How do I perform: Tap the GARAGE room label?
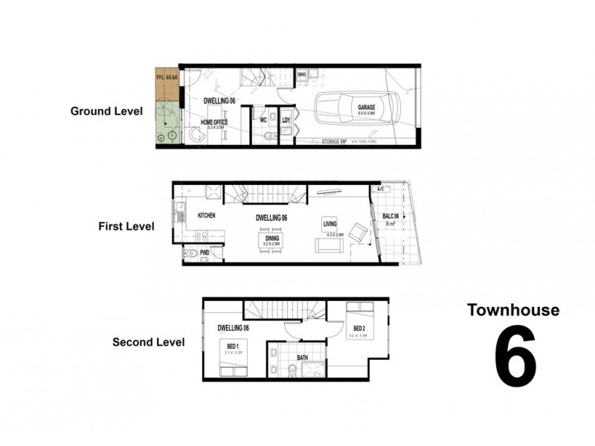pos(367,108)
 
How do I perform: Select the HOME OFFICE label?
pos(214,122)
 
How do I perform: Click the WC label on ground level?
pos(263,120)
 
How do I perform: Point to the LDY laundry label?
pos(286,120)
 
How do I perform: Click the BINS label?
pos(302,75)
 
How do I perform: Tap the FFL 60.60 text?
pos(166,77)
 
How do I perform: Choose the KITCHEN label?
pos(206,216)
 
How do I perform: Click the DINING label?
pos(271,238)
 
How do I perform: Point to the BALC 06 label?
pos(391,216)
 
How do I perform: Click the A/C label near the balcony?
pos(382,190)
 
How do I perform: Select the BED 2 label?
pos(358,328)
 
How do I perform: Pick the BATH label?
pos(303,358)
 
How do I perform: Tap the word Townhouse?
pos(512,310)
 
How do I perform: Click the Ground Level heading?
pos(106,111)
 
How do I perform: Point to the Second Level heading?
pos(148,343)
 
